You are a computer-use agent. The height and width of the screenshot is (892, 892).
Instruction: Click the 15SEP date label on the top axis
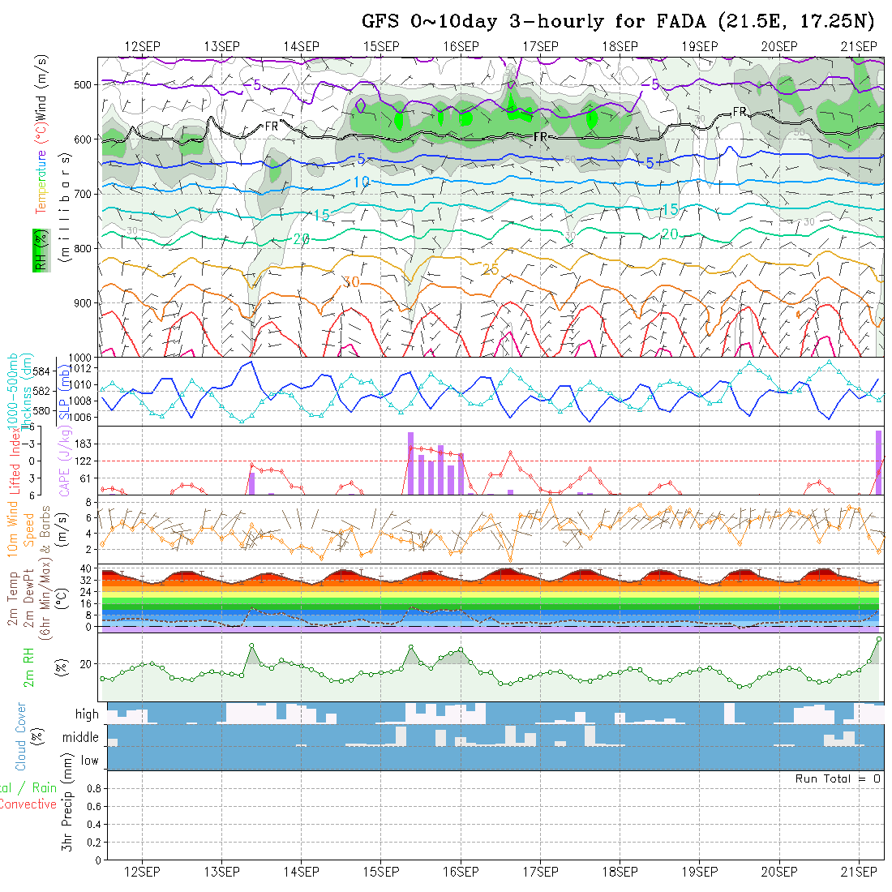pos(381,46)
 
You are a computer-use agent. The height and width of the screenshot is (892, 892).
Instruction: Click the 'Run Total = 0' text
pos(838,778)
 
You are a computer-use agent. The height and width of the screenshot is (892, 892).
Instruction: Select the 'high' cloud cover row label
pos(87,714)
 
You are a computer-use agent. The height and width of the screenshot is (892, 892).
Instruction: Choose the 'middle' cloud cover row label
pos(80,738)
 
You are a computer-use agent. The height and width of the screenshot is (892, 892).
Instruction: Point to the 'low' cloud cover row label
pos(89,761)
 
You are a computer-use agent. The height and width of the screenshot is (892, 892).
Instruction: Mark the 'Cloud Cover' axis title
pos(21,736)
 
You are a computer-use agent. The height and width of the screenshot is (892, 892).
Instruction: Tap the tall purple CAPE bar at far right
pos(878,462)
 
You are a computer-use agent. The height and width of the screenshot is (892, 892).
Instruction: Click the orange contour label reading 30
pos(351,282)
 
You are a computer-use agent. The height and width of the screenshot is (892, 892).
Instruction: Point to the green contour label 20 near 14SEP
pos(302,239)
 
